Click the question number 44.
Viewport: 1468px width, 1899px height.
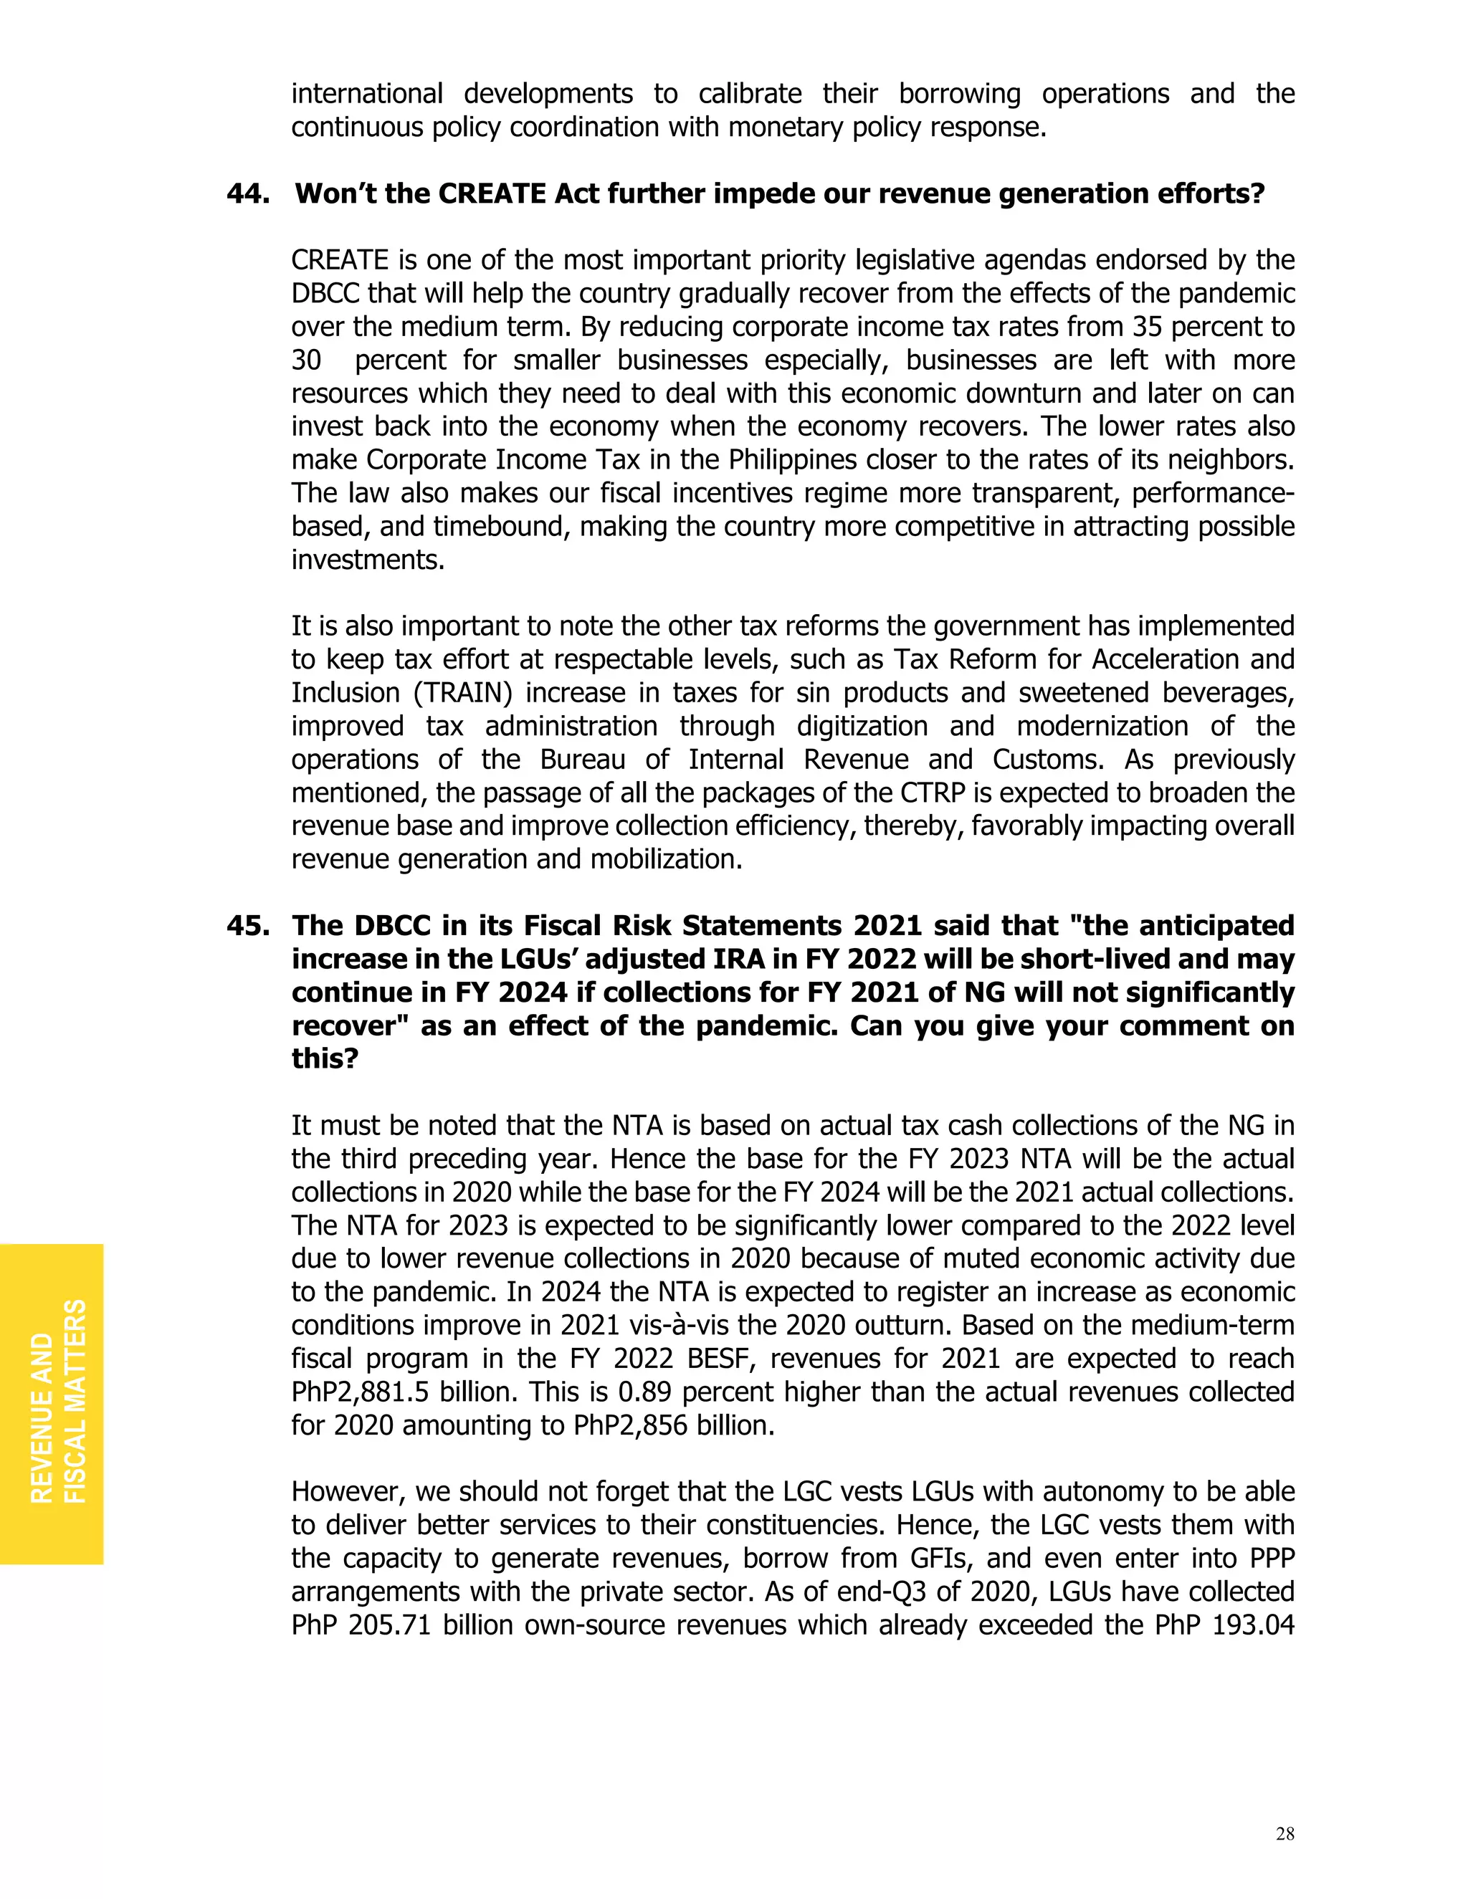pos(247,193)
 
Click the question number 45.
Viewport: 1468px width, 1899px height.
pos(247,925)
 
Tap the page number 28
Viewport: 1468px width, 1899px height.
pos(1284,1834)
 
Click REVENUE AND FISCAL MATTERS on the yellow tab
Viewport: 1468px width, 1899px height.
pos(57,1401)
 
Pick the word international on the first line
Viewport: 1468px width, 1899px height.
pos(366,94)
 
